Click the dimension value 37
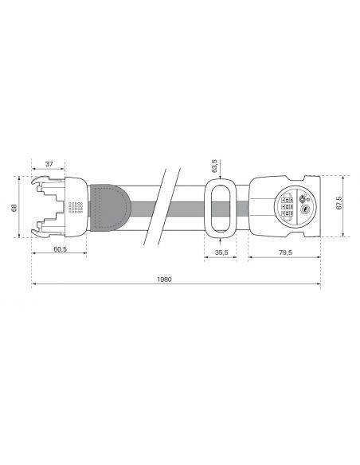tap(49, 163)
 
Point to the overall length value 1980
tap(165, 280)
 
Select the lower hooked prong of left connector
tap(37, 231)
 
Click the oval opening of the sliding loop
tap(219, 209)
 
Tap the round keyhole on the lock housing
tap(303, 210)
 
